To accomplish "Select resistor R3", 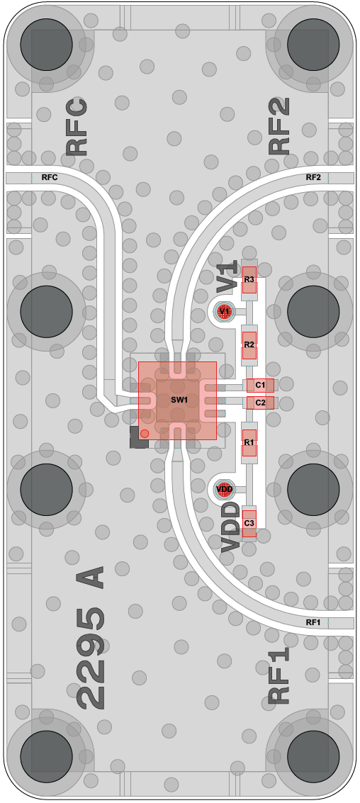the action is click(x=249, y=280).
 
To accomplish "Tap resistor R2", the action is click(x=249, y=344).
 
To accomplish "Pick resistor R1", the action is click(x=249, y=442).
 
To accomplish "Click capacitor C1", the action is click(x=260, y=385).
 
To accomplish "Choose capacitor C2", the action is click(x=260, y=403).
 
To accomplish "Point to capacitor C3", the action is click(x=249, y=523).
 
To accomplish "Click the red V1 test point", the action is click(x=225, y=311).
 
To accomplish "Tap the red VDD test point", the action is click(x=225, y=489).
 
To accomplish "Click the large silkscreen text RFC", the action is click(x=77, y=128).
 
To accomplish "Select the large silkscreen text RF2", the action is click(x=280, y=126).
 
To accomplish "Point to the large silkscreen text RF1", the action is click(x=279, y=675).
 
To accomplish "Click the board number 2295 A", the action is click(x=91, y=637).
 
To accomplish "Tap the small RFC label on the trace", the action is click(x=50, y=178).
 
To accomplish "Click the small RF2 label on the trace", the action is click(x=313, y=178).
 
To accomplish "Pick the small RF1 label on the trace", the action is click(x=313, y=623).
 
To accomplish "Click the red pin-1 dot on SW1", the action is click(x=145, y=434).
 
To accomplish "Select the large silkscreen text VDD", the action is click(x=230, y=527).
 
